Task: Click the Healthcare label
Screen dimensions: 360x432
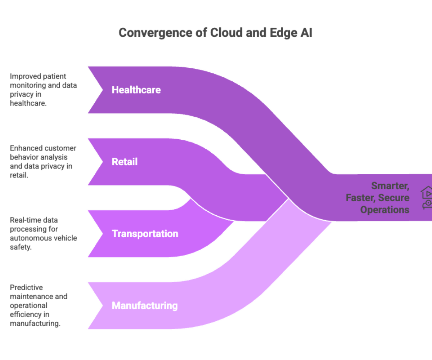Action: point(136,90)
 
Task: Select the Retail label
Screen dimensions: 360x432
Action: point(125,162)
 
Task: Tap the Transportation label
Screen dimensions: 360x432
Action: point(145,234)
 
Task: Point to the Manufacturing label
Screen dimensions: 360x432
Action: point(145,306)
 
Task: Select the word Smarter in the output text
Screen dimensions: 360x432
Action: point(390,186)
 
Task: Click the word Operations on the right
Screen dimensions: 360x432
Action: point(385,210)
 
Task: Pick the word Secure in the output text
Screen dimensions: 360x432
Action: point(393,198)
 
